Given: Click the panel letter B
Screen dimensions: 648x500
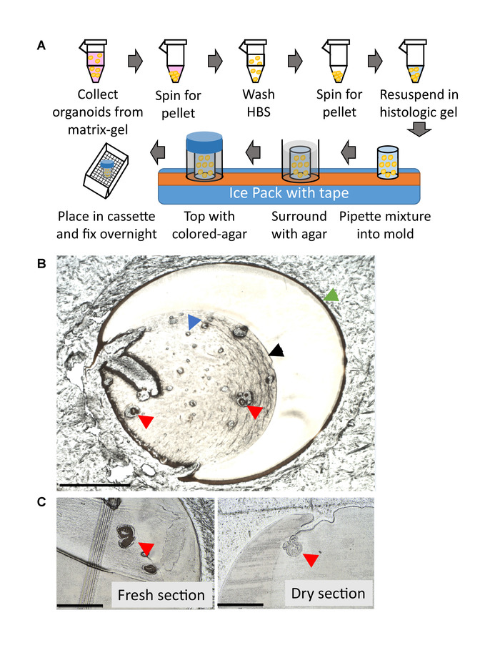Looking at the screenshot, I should (41, 262).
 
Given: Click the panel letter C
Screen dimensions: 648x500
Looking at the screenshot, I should (41, 502).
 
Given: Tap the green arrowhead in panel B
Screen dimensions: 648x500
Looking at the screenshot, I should (329, 294).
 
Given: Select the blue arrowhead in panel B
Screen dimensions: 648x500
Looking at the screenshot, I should (194, 323).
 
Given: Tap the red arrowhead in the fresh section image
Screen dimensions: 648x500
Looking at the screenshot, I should (146, 548).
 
